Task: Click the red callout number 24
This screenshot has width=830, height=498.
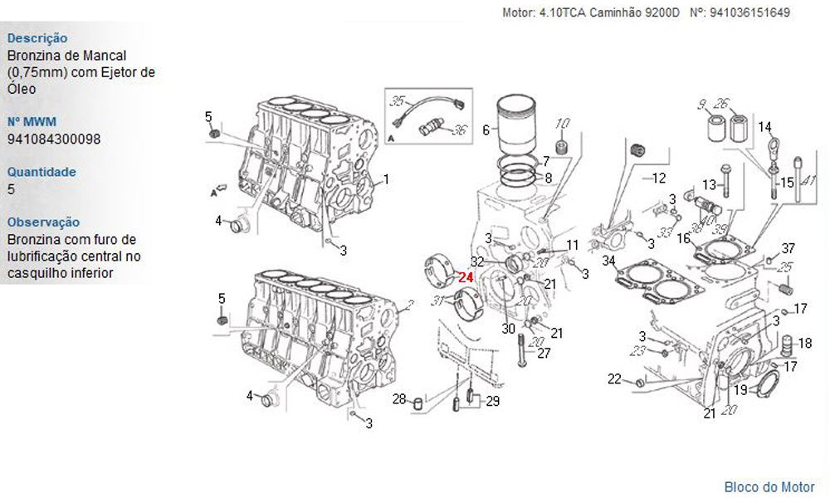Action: tap(466, 277)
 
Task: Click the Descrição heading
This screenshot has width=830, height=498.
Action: tap(37, 38)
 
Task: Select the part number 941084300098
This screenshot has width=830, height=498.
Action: tap(54, 139)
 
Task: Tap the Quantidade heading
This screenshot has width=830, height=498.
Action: tap(41, 172)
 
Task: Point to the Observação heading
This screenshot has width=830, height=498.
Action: tap(43, 222)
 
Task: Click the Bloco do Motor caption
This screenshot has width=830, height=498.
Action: tap(769, 487)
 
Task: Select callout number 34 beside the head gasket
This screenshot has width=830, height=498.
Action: tap(609, 261)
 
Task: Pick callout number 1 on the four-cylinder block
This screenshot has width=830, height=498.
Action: tap(386, 179)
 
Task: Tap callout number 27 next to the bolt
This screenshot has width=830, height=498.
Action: tap(544, 353)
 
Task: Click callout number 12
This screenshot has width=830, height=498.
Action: tap(658, 178)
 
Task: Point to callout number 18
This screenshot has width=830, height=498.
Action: tap(805, 344)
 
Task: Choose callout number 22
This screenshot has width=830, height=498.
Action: tap(614, 379)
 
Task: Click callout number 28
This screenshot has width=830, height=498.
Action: tap(399, 399)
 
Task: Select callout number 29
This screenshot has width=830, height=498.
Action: tap(493, 401)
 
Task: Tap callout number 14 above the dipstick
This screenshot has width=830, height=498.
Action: tap(765, 127)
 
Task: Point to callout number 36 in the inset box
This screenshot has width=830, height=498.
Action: tap(460, 129)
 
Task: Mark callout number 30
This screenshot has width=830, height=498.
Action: tap(508, 329)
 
